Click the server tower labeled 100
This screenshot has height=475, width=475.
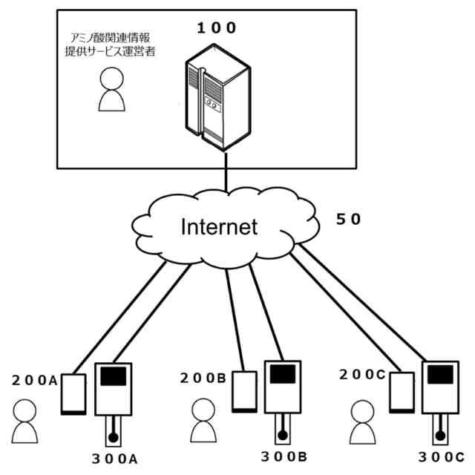tap(218, 97)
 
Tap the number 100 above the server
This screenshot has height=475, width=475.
tap(216, 28)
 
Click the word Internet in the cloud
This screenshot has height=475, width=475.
tap(219, 227)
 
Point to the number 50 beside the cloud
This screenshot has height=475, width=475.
tap(348, 220)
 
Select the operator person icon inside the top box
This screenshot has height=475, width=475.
tap(112, 89)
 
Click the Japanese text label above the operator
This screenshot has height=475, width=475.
tap(111, 45)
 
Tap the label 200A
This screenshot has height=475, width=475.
tap(35, 381)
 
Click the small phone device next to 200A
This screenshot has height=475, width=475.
tap(73, 394)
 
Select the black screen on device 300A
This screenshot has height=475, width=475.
tap(114, 376)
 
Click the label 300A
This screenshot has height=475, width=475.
tap(114, 459)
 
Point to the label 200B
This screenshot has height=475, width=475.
tap(203, 378)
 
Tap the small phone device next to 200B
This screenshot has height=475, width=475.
tap(244, 392)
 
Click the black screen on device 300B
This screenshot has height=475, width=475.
tap(283, 374)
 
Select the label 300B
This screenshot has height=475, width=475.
tap(284, 457)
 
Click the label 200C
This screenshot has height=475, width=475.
tap(362, 375)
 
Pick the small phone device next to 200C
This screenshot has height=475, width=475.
tap(402, 393)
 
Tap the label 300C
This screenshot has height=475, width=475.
tap(442, 457)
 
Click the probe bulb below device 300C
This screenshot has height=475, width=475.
tap(440, 436)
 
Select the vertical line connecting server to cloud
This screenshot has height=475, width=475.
tap(226, 171)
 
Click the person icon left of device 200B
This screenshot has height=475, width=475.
tap(203, 420)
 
